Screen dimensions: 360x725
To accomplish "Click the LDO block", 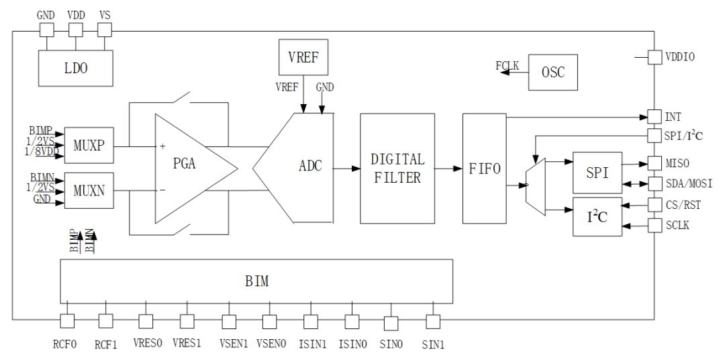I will [75, 69].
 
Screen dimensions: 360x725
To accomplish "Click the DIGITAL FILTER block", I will [398, 168].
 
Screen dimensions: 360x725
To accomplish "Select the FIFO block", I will [483, 168].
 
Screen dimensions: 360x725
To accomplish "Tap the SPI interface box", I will [597, 172].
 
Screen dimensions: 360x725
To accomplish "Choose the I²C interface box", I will [597, 218].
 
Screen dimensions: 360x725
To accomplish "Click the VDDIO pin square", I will [655, 58].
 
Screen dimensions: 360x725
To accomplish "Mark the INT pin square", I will [655, 116].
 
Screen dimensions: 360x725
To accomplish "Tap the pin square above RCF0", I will [67, 322].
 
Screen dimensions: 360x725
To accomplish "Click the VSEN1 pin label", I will [234, 344].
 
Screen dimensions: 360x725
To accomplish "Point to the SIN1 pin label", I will [433, 345].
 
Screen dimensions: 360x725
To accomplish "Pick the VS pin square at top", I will [105, 30].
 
